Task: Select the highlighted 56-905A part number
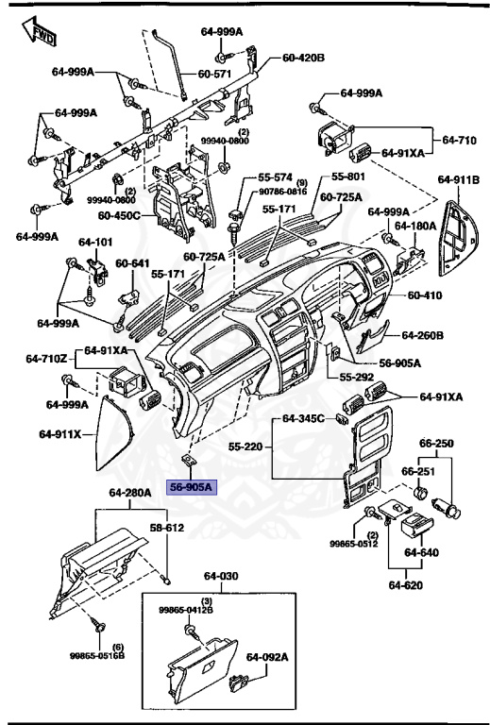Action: tap(192, 487)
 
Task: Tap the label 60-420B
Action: tap(303, 58)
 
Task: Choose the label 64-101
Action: tap(95, 242)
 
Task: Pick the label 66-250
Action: tap(437, 442)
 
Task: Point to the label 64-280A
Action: tap(129, 493)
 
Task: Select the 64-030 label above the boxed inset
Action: tap(220, 576)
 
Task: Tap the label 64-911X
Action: tap(61, 434)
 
